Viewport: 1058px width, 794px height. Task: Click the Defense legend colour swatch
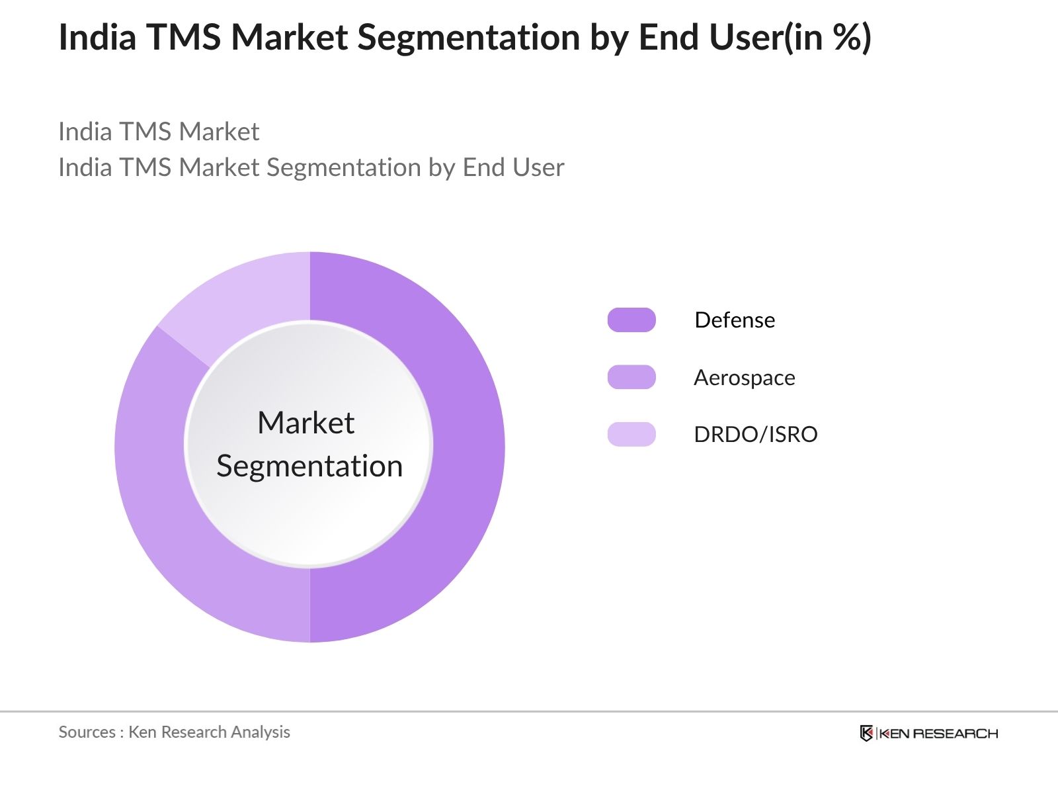(631, 320)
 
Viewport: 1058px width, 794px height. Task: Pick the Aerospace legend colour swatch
(631, 377)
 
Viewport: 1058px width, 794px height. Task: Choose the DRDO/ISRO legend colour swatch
(631, 434)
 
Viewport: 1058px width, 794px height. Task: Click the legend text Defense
(735, 320)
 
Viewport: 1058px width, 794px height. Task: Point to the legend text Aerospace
(745, 378)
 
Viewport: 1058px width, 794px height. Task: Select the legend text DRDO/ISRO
(756, 435)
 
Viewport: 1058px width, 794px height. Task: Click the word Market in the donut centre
(306, 423)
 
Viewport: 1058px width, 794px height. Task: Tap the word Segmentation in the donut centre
(309, 466)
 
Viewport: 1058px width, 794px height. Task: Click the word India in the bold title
(97, 37)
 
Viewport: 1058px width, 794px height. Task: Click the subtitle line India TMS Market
(159, 132)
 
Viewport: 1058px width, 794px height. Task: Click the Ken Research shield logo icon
(866, 733)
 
